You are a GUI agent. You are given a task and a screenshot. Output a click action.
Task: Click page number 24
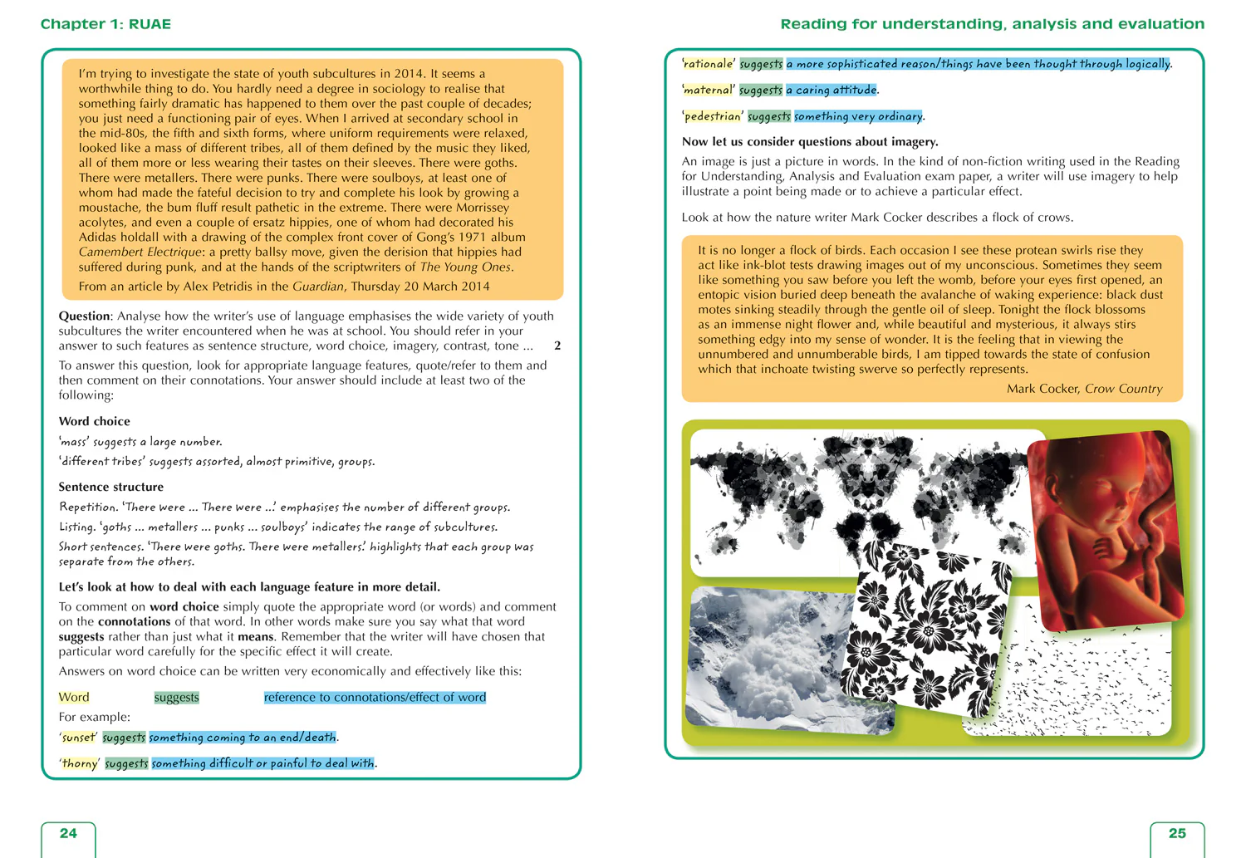point(68,833)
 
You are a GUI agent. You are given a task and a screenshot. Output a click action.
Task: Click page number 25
point(1177,833)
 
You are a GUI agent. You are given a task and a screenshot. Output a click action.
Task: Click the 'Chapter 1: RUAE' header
point(105,24)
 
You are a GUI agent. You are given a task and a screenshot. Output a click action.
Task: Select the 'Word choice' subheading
point(94,421)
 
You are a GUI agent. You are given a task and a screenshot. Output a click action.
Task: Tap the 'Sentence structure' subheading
point(110,487)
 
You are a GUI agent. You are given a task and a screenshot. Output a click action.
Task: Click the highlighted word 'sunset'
point(78,737)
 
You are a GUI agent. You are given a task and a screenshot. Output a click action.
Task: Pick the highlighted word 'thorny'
point(80,763)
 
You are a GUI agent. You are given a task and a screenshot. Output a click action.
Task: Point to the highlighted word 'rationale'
point(709,64)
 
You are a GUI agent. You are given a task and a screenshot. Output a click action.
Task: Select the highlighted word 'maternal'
point(709,90)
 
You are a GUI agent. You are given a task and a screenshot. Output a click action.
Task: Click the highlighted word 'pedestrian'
point(712,116)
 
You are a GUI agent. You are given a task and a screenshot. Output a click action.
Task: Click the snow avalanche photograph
point(764,656)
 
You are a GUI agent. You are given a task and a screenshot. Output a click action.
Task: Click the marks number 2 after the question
point(557,346)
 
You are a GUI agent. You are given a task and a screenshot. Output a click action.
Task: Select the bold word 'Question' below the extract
point(84,316)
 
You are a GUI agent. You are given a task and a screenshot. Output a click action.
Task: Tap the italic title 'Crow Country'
point(1123,389)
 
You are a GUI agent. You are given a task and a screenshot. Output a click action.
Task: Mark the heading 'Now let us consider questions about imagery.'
point(810,141)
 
